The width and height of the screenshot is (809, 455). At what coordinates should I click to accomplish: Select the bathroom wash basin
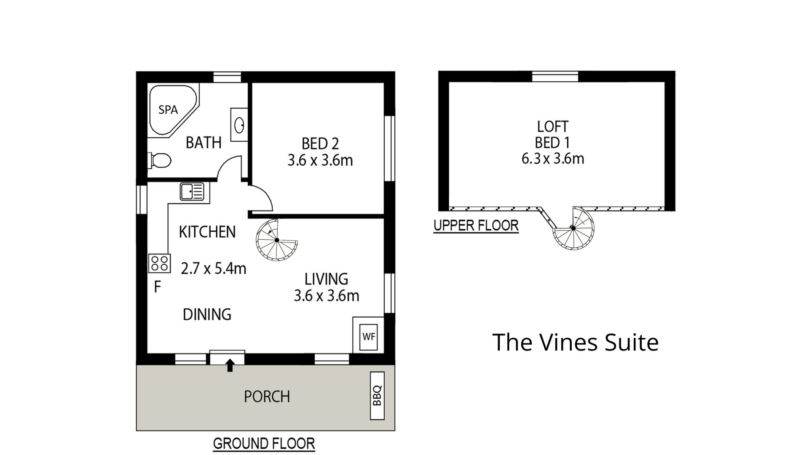click(238, 125)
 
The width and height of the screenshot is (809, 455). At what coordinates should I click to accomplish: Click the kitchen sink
click(192, 191)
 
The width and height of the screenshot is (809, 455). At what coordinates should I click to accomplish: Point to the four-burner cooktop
click(159, 263)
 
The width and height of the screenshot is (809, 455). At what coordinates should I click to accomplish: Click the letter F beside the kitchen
click(158, 287)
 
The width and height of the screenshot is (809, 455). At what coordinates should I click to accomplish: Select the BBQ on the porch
click(377, 396)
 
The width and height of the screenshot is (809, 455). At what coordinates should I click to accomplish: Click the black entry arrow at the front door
click(230, 365)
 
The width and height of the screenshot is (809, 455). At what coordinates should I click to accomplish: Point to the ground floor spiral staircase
click(277, 240)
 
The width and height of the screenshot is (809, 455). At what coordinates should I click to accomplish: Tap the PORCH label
click(267, 397)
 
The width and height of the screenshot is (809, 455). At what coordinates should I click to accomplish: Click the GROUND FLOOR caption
click(264, 444)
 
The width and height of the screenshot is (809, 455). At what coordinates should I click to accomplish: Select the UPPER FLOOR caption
click(476, 226)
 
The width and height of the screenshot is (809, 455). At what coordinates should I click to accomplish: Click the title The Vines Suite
click(575, 342)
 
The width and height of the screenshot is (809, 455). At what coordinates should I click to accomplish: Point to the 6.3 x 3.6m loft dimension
click(553, 159)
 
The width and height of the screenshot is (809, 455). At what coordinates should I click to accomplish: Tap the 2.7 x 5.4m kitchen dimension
click(213, 268)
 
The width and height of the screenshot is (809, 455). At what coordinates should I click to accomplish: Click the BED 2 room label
click(320, 144)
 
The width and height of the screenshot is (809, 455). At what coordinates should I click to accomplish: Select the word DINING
click(207, 314)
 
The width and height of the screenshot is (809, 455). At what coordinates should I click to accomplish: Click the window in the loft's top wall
click(555, 77)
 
